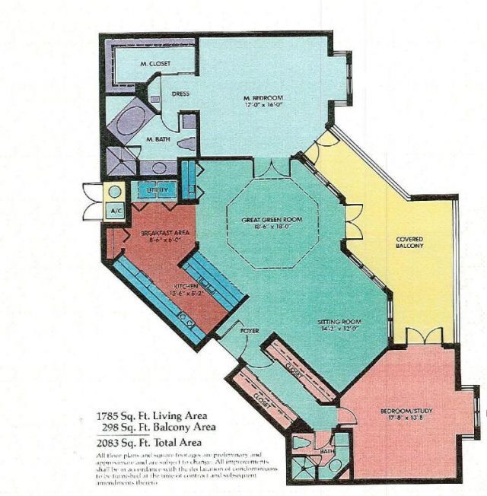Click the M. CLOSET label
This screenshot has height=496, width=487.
[x=154, y=64]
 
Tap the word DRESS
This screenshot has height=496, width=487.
[x=180, y=94]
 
